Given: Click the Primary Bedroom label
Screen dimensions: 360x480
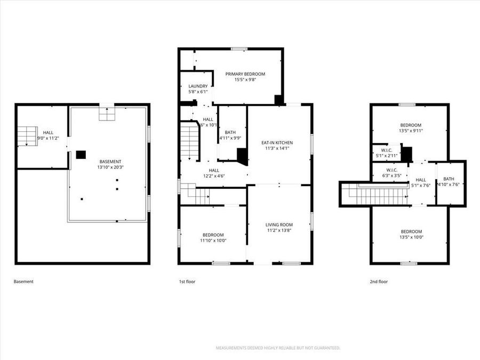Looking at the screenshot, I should [245, 74].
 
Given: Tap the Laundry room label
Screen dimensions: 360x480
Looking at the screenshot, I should [198, 86].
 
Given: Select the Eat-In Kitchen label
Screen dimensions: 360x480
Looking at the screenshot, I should [277, 142].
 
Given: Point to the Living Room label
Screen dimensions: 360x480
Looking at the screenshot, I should [279, 225].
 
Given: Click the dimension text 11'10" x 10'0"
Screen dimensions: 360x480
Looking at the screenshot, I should [213, 241].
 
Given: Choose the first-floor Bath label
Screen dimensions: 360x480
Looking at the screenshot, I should [230, 132].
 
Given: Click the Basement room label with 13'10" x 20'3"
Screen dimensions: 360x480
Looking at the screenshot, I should [110, 162].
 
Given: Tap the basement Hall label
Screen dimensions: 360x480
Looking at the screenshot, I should [48, 132].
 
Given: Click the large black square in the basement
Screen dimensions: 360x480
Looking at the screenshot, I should [81, 155].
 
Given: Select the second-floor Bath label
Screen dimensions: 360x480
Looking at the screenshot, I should [449, 179].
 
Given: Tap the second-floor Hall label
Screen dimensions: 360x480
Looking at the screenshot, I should [421, 180].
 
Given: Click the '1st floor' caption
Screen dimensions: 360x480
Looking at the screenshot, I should [187, 282].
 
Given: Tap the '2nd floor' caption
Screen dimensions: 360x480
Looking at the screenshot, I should [378, 282].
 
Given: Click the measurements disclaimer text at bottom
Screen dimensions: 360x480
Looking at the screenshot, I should [277, 348].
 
